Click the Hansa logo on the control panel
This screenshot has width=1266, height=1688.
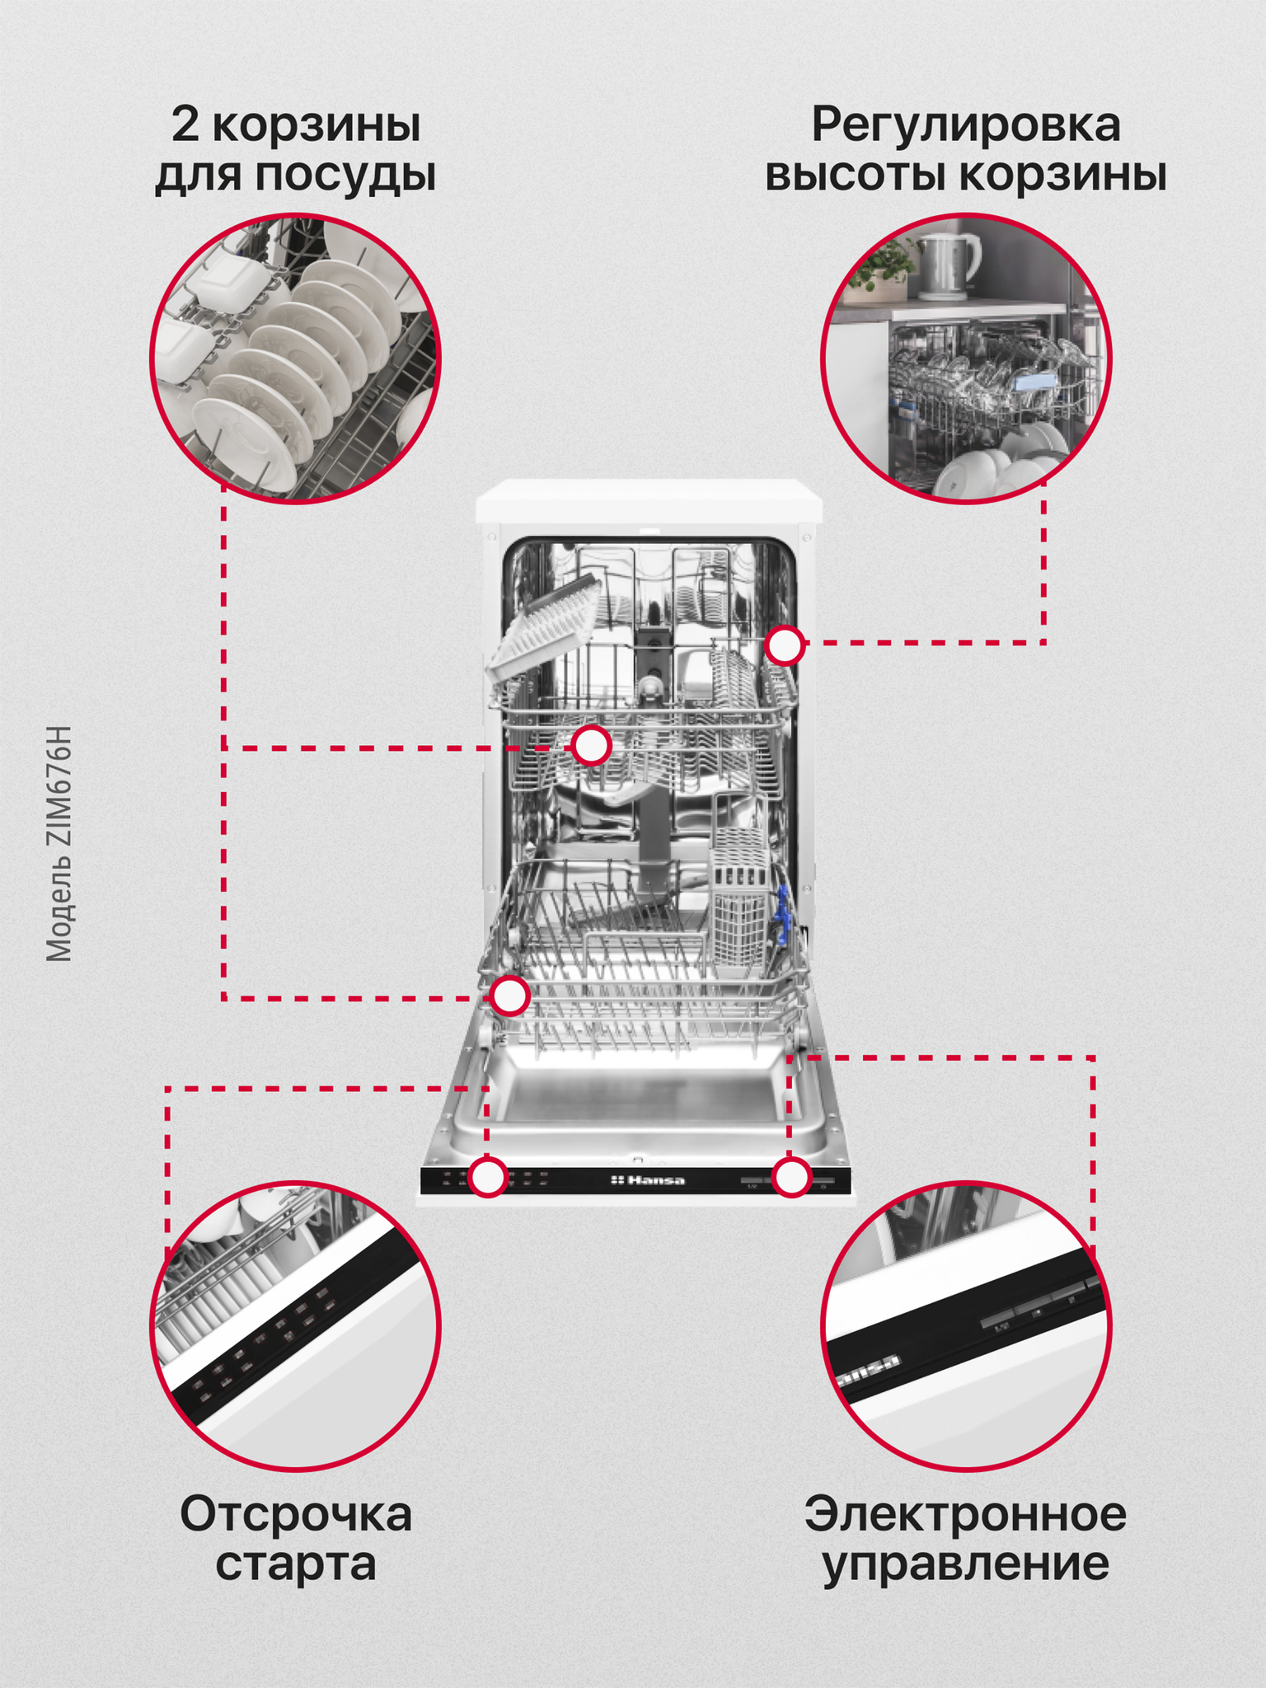[x=648, y=1180]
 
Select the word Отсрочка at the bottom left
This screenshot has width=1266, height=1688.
[x=296, y=1514]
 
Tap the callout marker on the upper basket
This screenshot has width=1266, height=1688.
[x=591, y=746]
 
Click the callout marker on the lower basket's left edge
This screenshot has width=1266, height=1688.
[x=509, y=996]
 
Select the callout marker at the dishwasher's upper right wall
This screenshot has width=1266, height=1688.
[x=785, y=645]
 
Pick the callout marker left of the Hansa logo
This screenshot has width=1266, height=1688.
[x=488, y=1176]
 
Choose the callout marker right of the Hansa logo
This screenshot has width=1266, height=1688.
[x=792, y=1176]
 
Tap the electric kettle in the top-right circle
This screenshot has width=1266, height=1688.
[x=948, y=265]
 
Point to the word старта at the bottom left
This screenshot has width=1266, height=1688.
[x=296, y=1564]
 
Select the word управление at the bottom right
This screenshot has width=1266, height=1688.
[x=966, y=1565]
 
